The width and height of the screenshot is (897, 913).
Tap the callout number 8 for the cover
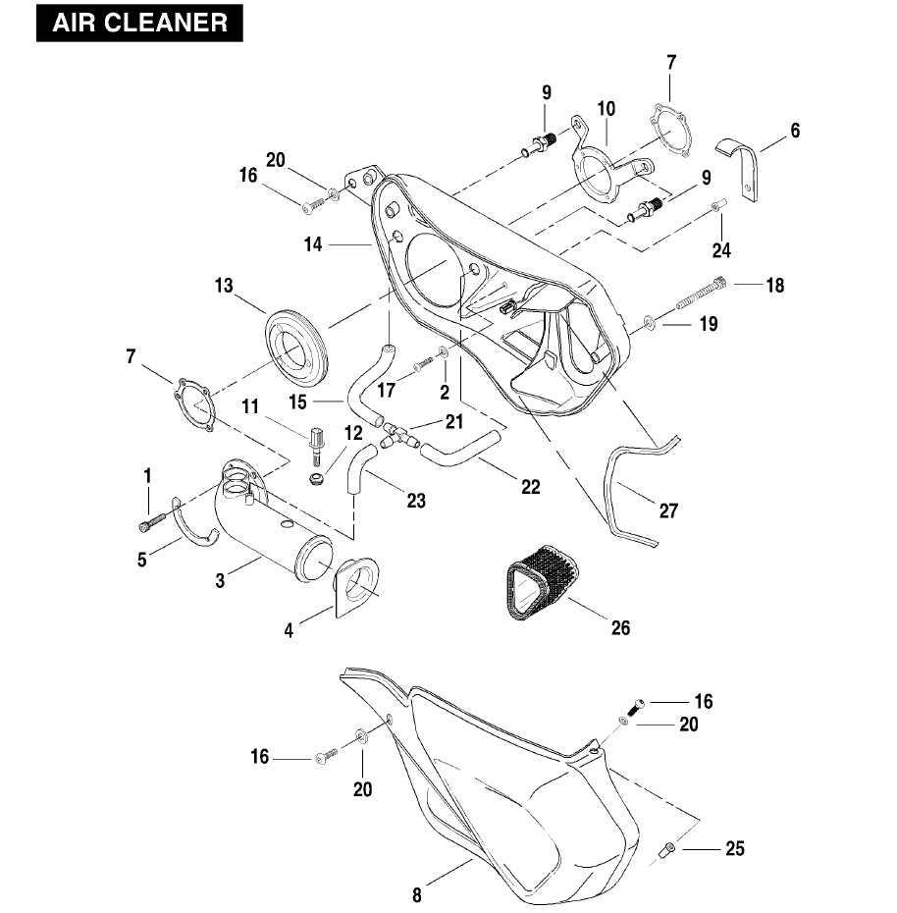point(417,894)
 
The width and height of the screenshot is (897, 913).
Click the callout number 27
point(668,510)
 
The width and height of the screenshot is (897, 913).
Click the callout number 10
point(606,108)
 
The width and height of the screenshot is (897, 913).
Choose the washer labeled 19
point(650,322)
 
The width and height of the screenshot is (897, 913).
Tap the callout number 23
point(416,501)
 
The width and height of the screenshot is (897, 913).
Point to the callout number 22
point(530,487)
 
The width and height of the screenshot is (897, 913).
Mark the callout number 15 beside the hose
point(297,401)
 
